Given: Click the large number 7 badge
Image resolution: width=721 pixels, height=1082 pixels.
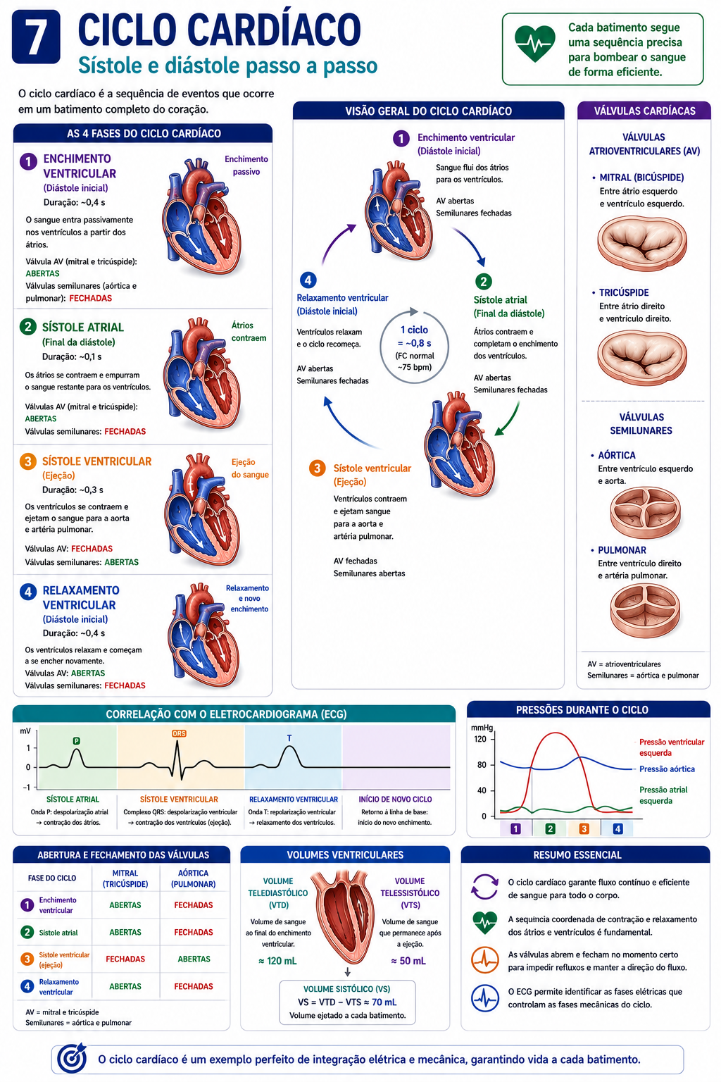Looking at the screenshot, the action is [x=36, y=37].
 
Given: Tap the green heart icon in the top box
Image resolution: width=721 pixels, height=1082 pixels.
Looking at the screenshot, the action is [x=534, y=43].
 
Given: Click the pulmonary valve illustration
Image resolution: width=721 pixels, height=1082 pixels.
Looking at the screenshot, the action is [x=645, y=610].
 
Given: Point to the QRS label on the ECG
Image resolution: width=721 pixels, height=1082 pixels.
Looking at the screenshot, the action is [x=179, y=733].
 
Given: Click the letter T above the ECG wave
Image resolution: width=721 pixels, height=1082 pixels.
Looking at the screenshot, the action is [x=289, y=738].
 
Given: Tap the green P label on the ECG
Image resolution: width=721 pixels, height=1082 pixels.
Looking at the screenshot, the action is [x=76, y=740].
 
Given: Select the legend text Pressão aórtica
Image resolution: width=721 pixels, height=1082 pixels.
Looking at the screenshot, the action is [x=667, y=769].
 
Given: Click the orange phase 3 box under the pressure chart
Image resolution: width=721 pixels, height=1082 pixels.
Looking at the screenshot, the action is [x=584, y=829].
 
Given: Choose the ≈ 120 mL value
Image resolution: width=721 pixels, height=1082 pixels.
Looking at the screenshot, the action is [x=277, y=961].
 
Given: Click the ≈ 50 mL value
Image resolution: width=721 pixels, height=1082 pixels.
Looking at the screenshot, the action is [x=408, y=961].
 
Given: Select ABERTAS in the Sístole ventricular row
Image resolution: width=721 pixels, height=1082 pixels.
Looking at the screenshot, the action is [x=194, y=959].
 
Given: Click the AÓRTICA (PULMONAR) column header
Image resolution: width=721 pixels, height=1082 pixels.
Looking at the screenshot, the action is [x=193, y=878].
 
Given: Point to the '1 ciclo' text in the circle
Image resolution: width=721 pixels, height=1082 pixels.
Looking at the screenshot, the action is [x=414, y=330].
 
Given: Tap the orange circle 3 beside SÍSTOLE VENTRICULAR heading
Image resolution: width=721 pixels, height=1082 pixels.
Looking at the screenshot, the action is [x=28, y=461].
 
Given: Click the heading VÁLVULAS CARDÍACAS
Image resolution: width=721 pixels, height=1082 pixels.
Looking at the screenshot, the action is [x=645, y=111].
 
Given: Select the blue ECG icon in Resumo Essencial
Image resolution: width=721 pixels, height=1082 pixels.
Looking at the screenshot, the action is [x=485, y=998].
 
